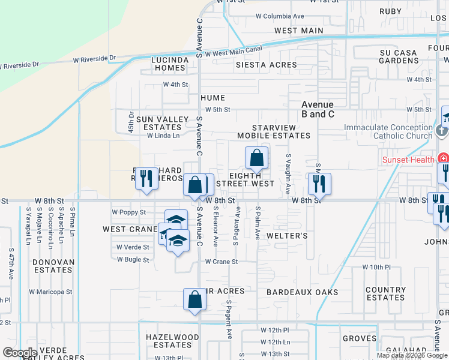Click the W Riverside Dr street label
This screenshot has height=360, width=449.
(94, 59)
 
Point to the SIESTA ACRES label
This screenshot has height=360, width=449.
(266, 65)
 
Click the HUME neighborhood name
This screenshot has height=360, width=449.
(212, 98)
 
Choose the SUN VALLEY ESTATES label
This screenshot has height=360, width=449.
(163, 123)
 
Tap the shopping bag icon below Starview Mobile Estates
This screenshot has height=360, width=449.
(256, 159)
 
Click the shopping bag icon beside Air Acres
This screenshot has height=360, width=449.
(194, 301)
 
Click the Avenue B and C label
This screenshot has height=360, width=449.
(318, 109)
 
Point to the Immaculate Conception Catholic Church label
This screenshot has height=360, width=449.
(388, 131)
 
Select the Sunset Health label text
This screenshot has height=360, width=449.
(409, 160)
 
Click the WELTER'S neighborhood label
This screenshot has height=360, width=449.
(287, 236)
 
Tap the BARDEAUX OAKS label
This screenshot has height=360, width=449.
(303, 293)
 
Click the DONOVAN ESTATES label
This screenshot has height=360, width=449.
(53, 266)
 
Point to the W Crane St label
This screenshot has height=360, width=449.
(221, 262)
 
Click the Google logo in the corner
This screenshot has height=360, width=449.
(20, 353)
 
